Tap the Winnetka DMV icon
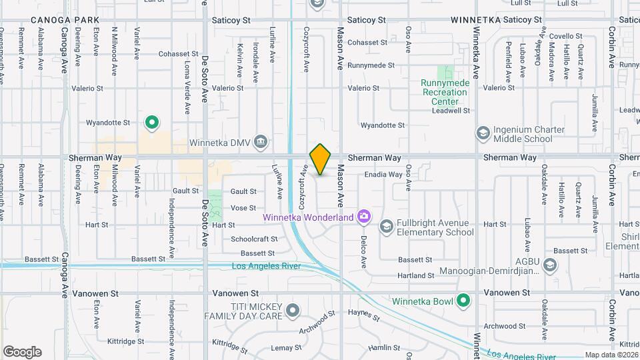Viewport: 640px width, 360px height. tap(261, 141)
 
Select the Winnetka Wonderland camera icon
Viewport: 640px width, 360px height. tap(363, 215)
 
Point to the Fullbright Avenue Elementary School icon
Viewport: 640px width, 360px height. tap(386, 227)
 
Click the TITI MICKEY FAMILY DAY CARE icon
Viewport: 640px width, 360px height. tap(294, 311)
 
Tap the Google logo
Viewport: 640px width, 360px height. tap(22, 352)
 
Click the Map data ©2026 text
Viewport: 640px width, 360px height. tap(611, 355)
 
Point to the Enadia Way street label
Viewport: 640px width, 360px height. tap(383, 175)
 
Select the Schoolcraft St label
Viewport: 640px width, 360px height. tap(254, 239)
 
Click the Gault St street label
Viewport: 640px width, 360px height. tap(243, 191)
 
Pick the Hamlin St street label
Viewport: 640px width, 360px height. tap(383, 348)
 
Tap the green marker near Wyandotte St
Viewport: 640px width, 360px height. tap(152, 122)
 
